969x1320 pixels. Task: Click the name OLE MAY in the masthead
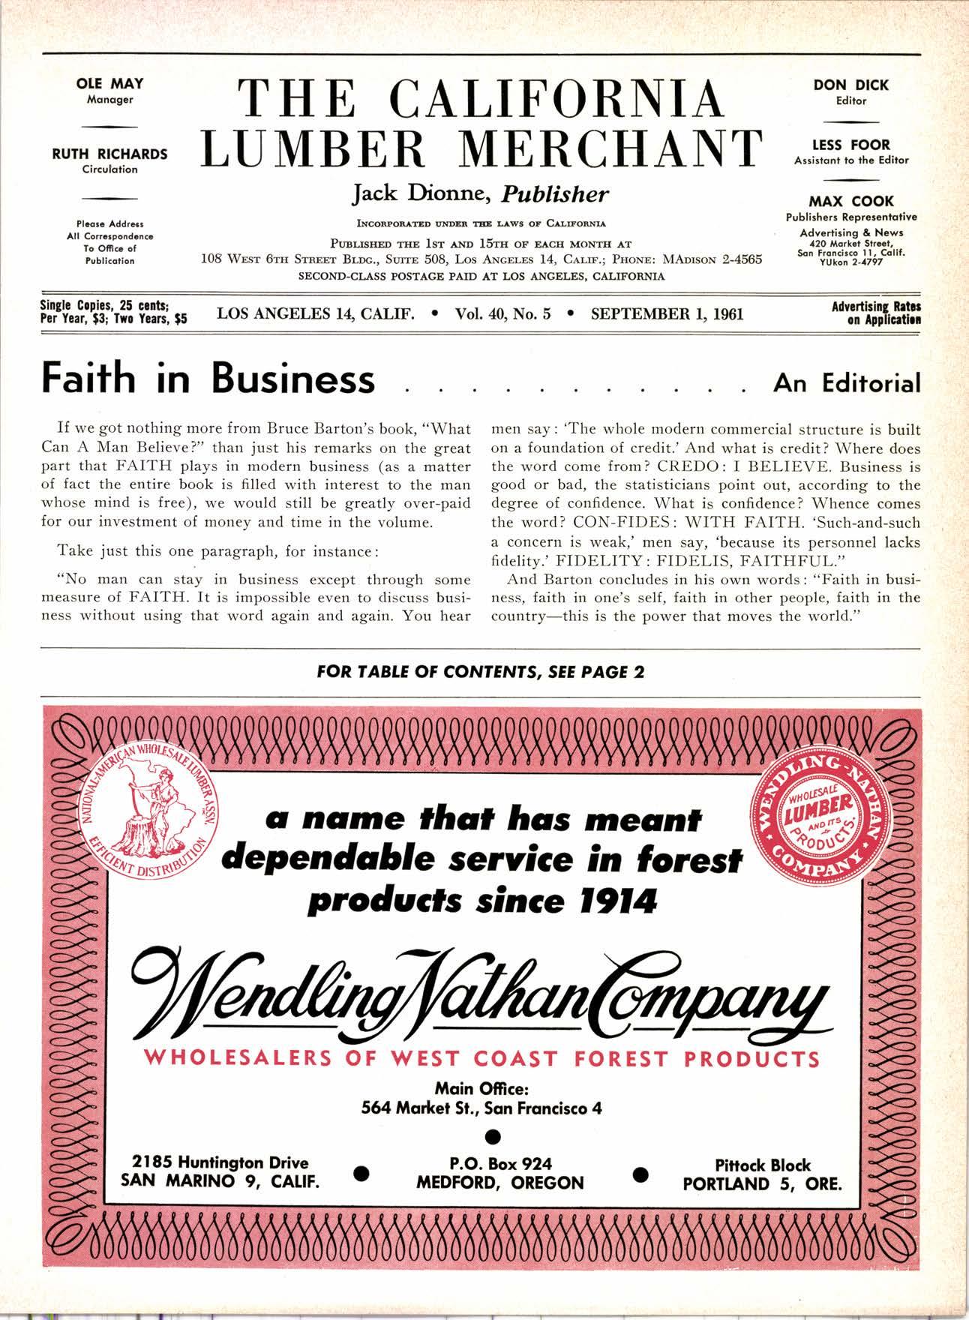(x=109, y=84)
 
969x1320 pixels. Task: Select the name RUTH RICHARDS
(x=109, y=154)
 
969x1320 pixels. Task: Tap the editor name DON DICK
(x=850, y=85)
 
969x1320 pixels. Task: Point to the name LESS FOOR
(x=850, y=145)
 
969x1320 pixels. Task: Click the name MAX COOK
(x=850, y=201)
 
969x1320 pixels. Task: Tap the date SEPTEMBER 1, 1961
(x=667, y=313)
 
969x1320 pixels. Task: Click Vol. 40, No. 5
(x=502, y=313)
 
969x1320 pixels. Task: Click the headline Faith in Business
(x=208, y=378)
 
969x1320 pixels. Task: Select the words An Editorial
(x=847, y=383)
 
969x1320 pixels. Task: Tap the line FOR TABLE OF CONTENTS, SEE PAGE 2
(x=481, y=671)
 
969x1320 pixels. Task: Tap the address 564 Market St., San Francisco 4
(x=481, y=1107)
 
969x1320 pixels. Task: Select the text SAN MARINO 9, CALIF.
(x=220, y=1182)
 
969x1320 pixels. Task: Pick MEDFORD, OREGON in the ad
(x=500, y=1183)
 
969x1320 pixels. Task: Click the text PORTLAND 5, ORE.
(x=762, y=1184)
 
